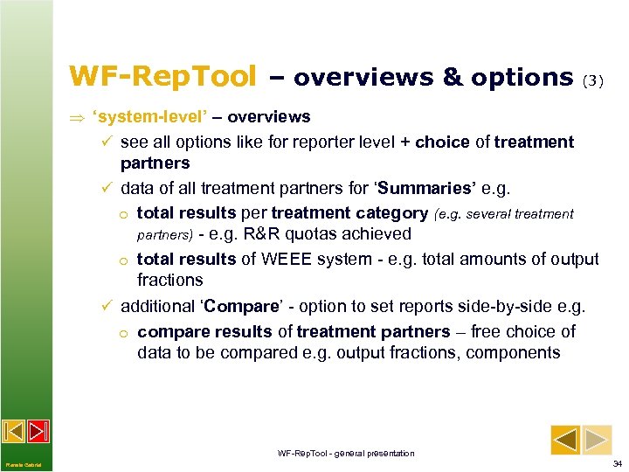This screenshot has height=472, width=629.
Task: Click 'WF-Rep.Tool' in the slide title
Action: [162, 77]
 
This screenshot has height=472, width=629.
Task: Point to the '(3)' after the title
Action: [592, 80]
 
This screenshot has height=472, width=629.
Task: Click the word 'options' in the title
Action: [522, 77]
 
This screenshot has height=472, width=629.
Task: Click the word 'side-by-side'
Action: [501, 307]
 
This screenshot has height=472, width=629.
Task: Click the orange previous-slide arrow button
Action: [566, 440]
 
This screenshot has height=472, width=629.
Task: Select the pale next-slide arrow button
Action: [598, 440]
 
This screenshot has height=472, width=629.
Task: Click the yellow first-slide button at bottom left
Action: [14, 431]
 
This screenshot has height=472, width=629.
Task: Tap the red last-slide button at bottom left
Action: [38, 431]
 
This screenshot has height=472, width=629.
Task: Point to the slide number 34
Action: [618, 463]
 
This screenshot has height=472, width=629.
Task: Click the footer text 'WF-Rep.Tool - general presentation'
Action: [346, 453]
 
